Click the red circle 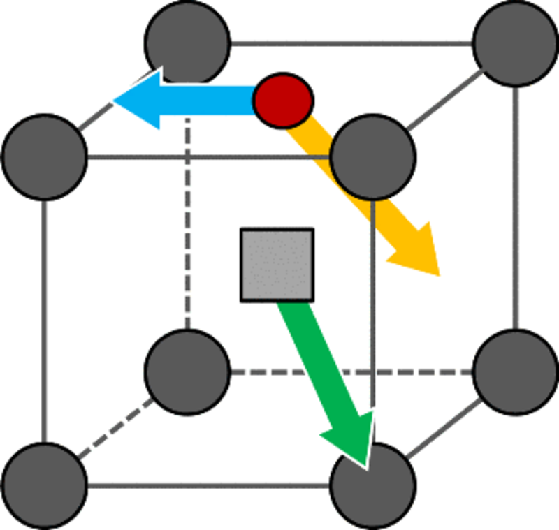coord(282,101)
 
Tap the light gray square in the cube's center coord(277,265)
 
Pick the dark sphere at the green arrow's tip coord(373,485)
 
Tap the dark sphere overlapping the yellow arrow coord(373,156)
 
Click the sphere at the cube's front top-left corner coord(45,156)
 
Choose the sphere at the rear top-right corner coord(516,43)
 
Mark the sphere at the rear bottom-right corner coord(516,371)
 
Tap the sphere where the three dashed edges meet coord(187,371)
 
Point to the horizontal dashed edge coord(349,371)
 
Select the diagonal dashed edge coord(115,428)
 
